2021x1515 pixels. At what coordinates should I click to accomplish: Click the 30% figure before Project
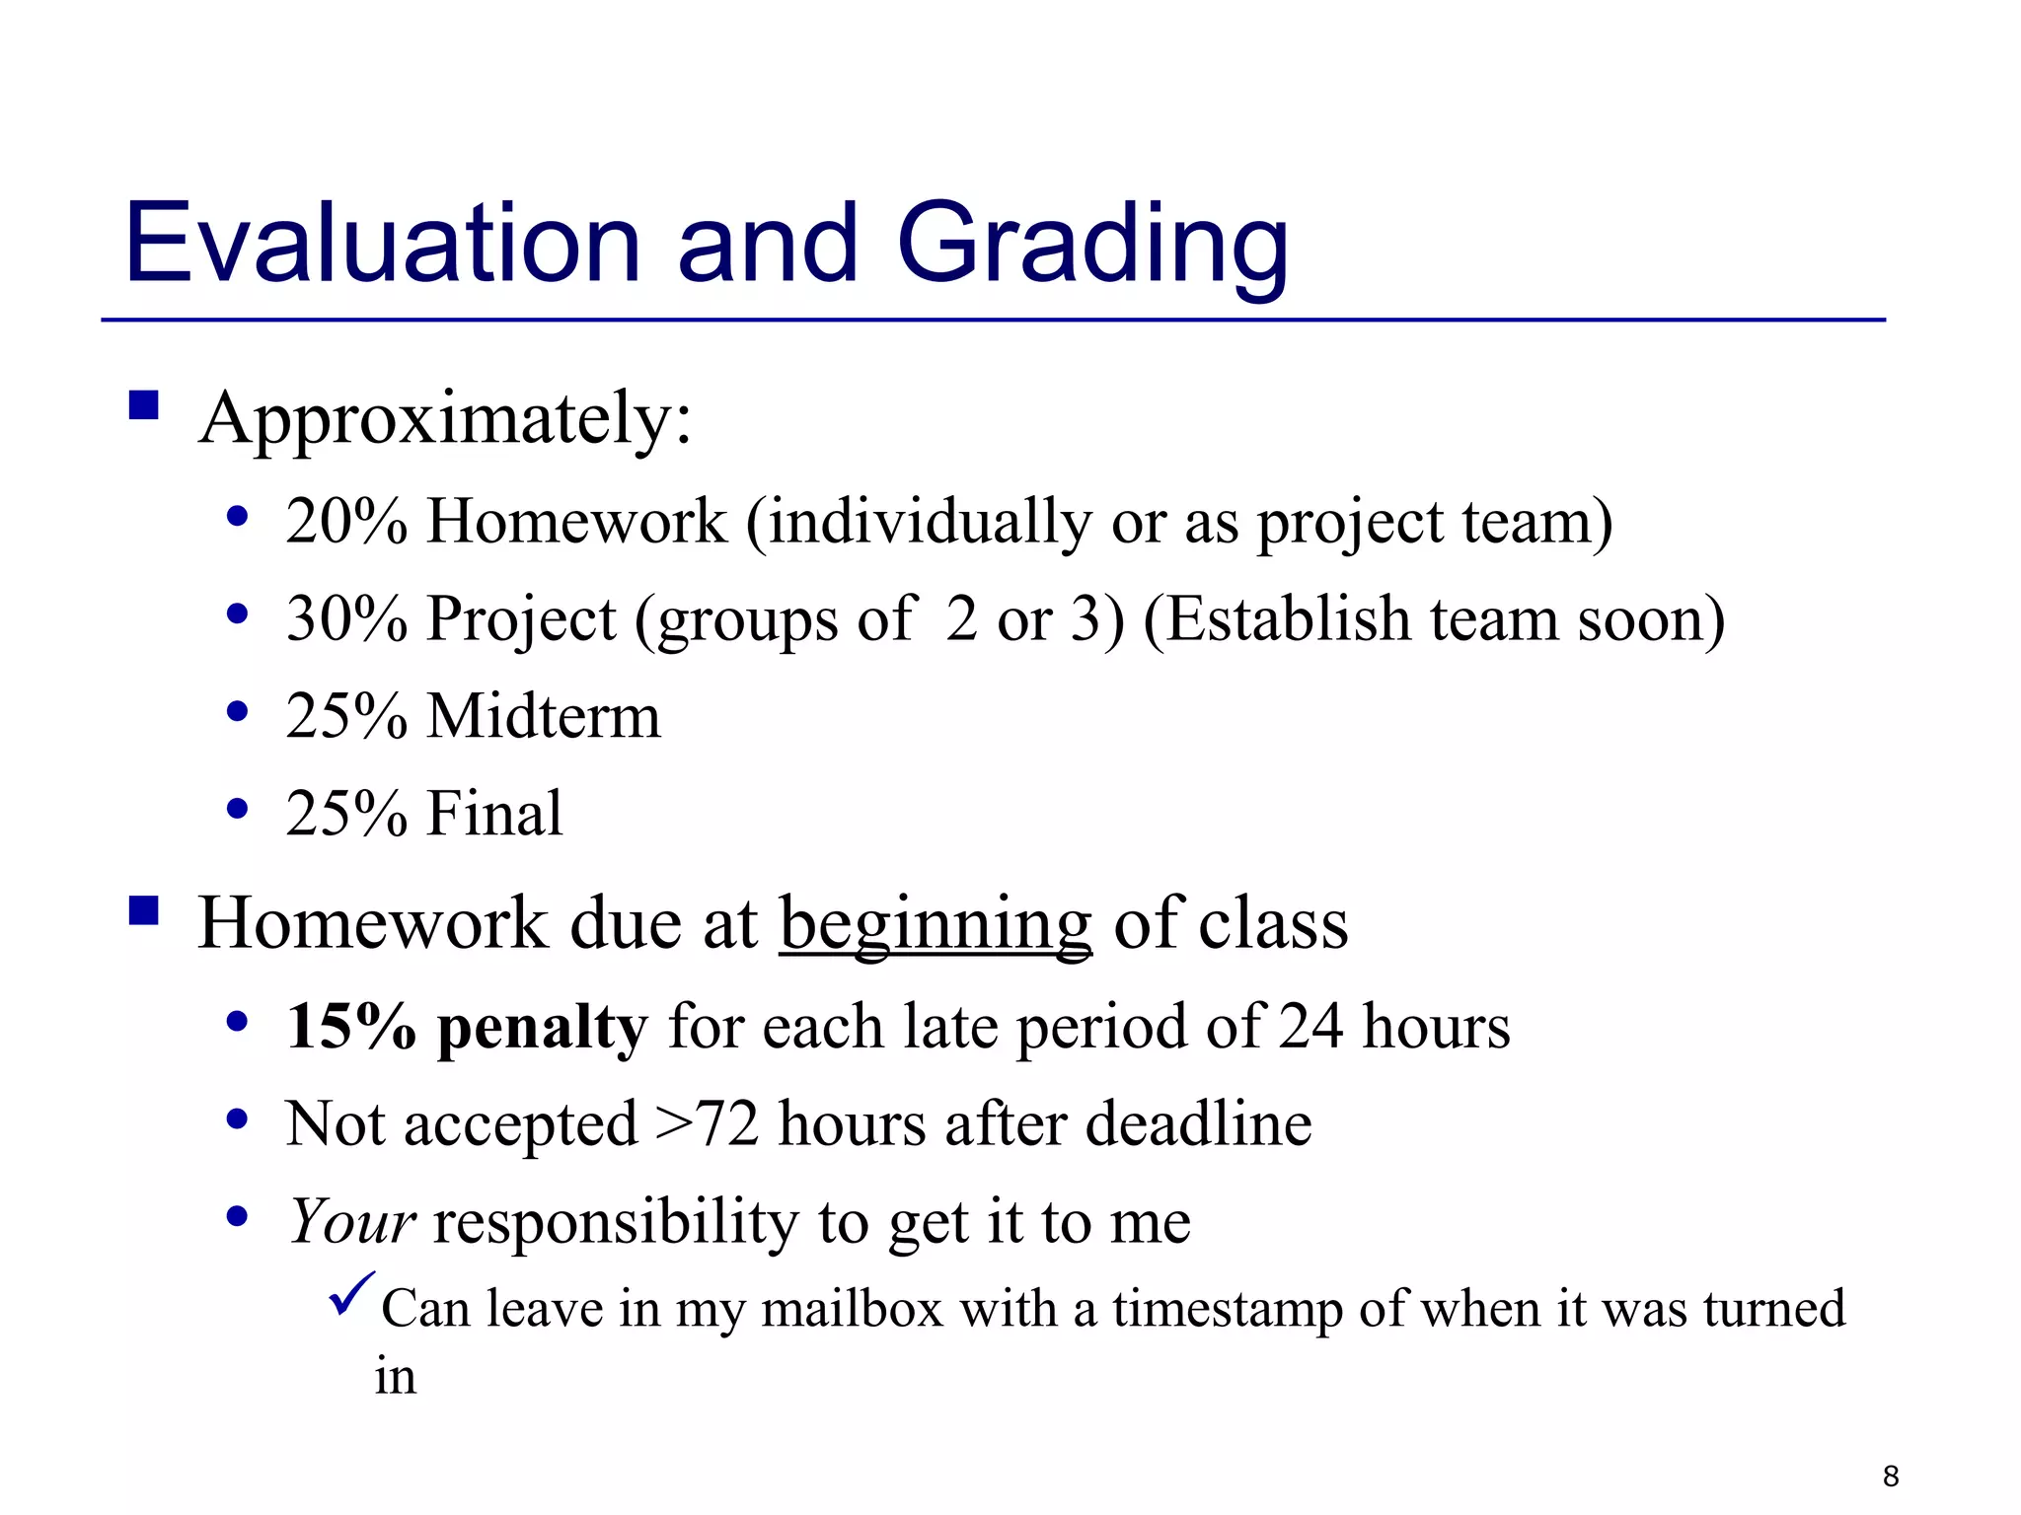(x=346, y=619)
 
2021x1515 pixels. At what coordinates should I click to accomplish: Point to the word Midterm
(x=543, y=716)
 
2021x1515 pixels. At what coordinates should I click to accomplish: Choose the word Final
(x=494, y=814)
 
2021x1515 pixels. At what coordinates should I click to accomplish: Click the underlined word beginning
(x=936, y=925)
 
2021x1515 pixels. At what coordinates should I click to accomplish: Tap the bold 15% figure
(x=350, y=1027)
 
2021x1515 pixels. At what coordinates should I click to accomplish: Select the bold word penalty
(x=542, y=1029)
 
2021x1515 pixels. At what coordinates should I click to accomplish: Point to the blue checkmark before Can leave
(x=351, y=1293)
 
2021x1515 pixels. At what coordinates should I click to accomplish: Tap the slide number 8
(x=1890, y=1476)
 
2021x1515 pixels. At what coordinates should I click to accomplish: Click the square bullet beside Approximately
(x=144, y=405)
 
